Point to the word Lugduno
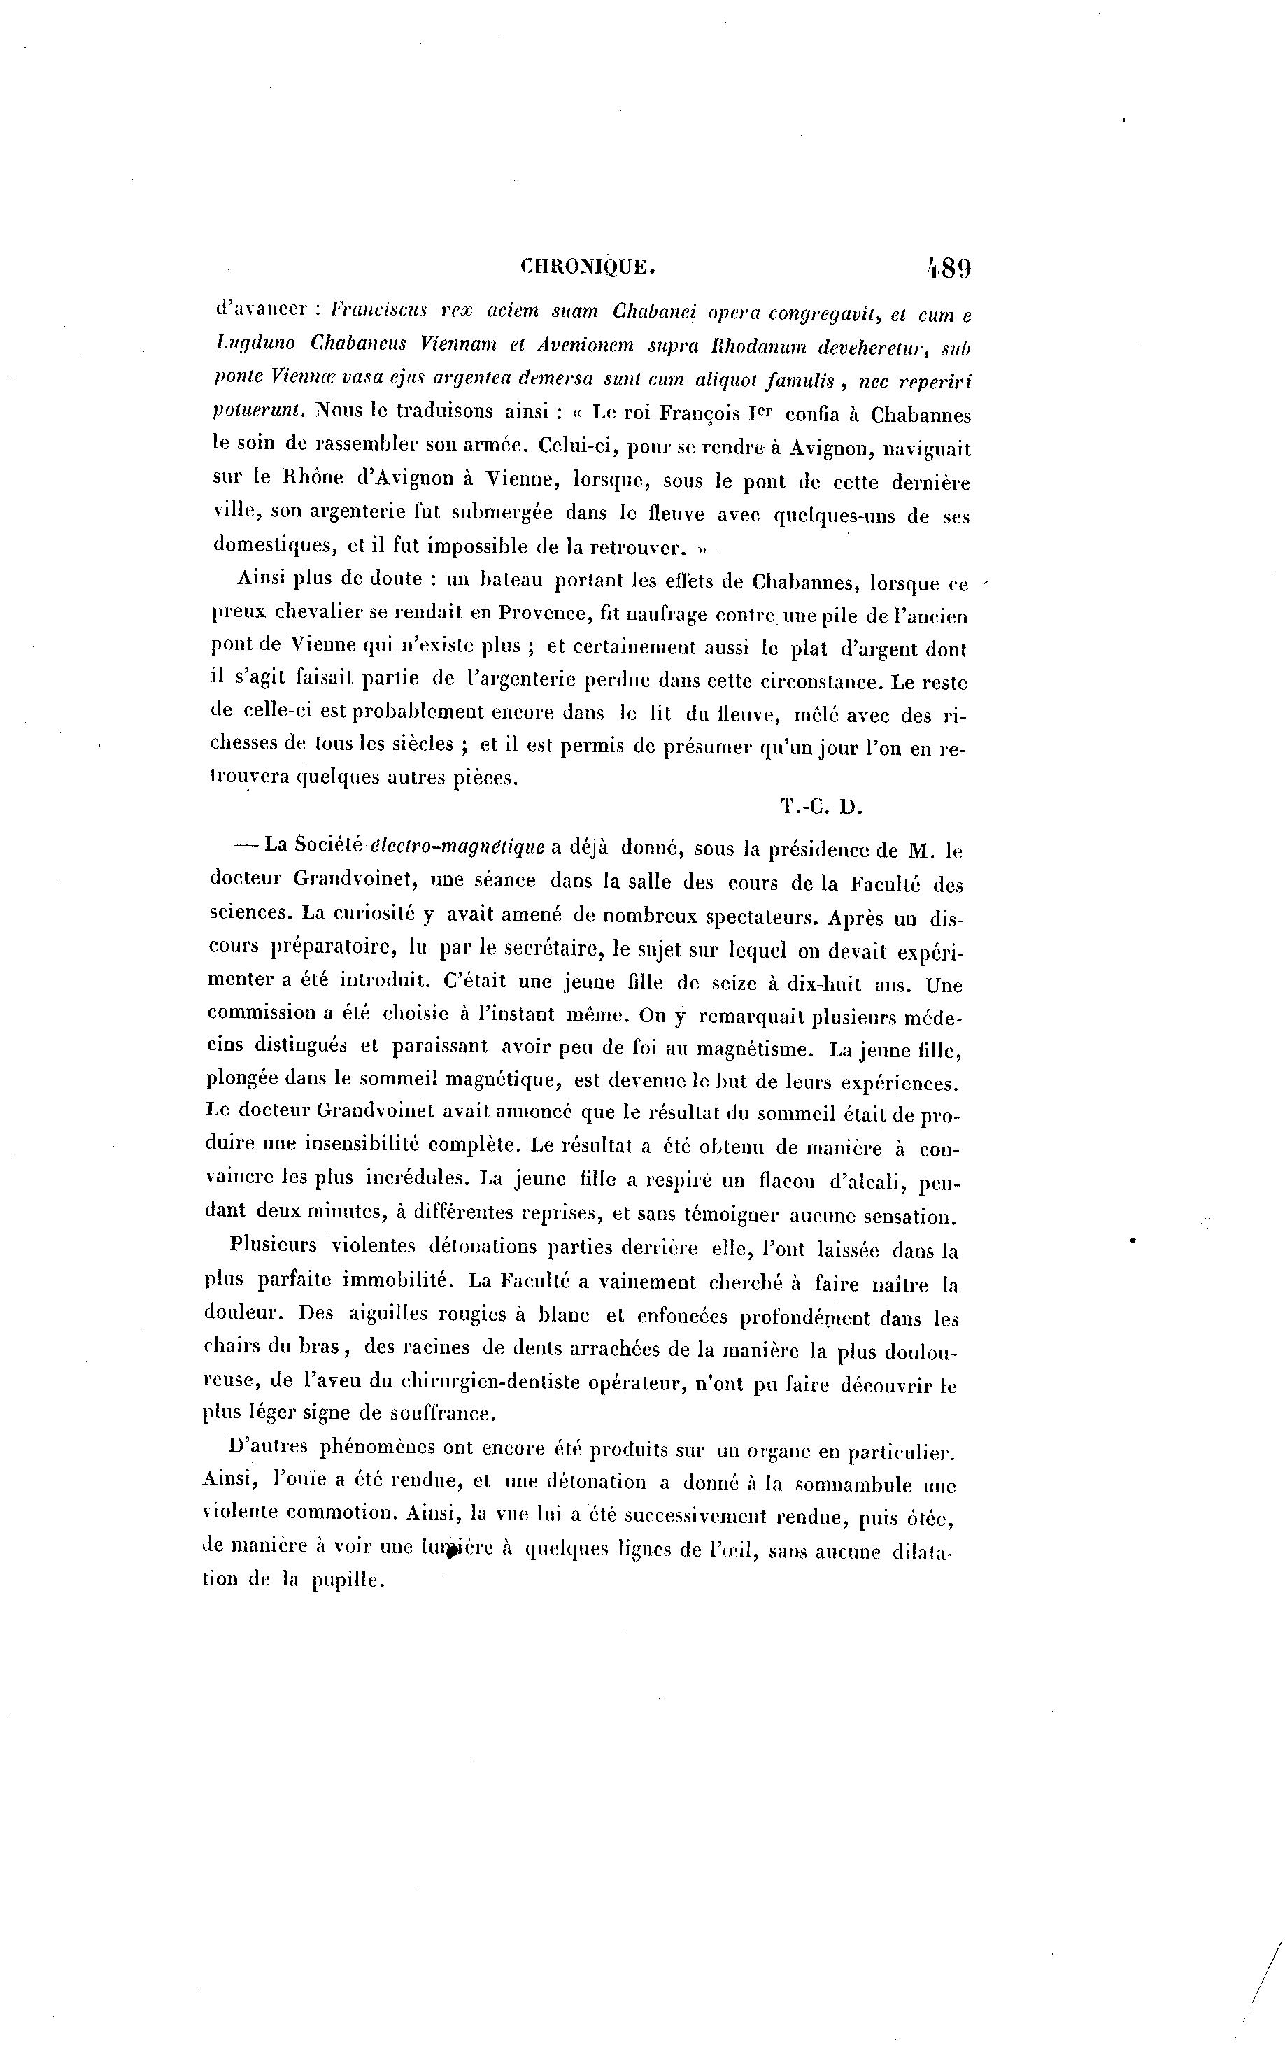pyautogui.click(x=255, y=344)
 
